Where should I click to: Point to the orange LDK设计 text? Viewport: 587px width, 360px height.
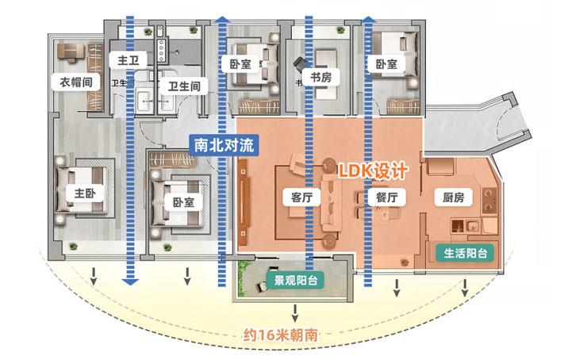(x=374, y=170)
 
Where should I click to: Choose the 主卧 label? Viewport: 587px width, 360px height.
(x=86, y=193)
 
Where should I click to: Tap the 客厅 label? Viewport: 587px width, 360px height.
(x=295, y=196)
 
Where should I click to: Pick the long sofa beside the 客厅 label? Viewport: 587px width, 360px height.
(x=329, y=202)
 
